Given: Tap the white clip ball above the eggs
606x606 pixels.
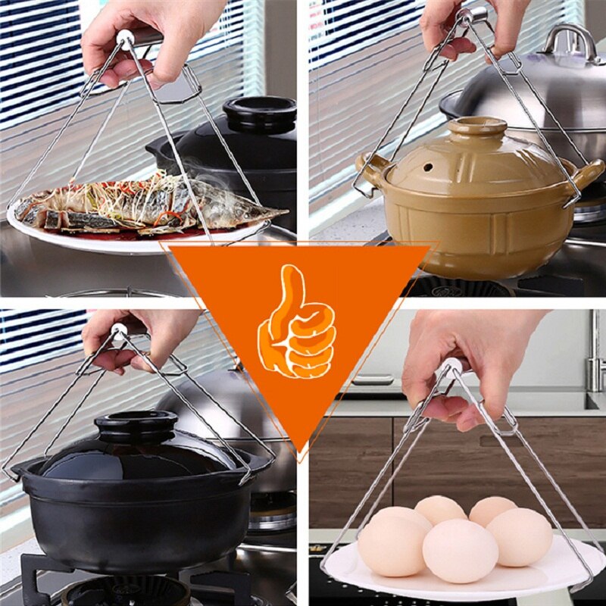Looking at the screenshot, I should pos(451,367).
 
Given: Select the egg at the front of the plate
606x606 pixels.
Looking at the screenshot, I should pos(460,550).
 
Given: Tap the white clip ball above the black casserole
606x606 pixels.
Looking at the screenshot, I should pos(119,332).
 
